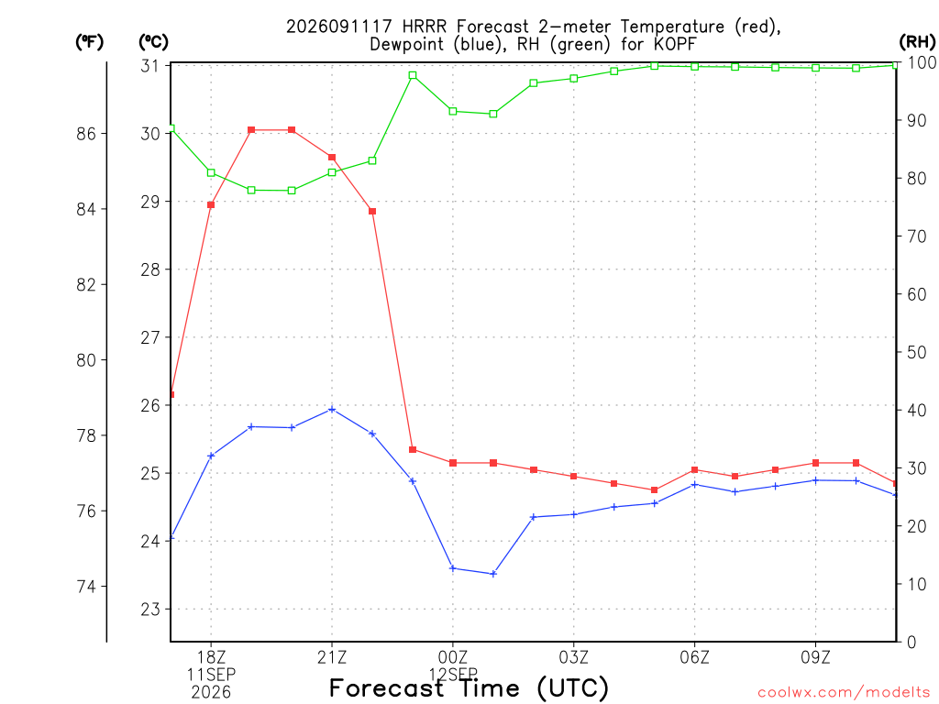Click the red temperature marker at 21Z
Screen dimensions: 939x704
pyautogui.click(x=332, y=158)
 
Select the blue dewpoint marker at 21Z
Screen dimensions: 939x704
pyautogui.click(x=332, y=410)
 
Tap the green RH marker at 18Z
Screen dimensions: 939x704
pyautogui.click(x=211, y=173)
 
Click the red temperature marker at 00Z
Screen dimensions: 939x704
pyautogui.click(x=453, y=463)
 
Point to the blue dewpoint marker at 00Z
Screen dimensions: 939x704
pyautogui.click(x=453, y=568)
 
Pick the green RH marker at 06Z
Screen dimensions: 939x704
pyautogui.click(x=695, y=66)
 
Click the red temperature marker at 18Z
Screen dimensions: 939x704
pyautogui.click(x=211, y=204)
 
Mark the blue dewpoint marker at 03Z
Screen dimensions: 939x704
pyautogui.click(x=574, y=514)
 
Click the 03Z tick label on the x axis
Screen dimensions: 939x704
pyautogui.click(x=574, y=658)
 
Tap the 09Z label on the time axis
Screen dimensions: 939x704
pyautogui.click(x=815, y=658)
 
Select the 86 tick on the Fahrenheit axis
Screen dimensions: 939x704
pyautogui.click(x=86, y=134)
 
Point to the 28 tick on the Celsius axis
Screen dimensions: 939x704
pyautogui.click(x=150, y=269)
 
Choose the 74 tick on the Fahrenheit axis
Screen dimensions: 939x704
pyautogui.click(x=86, y=586)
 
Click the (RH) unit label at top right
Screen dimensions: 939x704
pyautogui.click(x=917, y=41)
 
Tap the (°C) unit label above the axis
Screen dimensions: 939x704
pyautogui.click(x=153, y=41)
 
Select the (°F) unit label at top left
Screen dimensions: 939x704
pyautogui.click(x=89, y=41)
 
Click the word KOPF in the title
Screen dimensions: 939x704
pyautogui.click(x=676, y=44)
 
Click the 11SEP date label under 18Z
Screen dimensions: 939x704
pyautogui.click(x=211, y=675)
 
